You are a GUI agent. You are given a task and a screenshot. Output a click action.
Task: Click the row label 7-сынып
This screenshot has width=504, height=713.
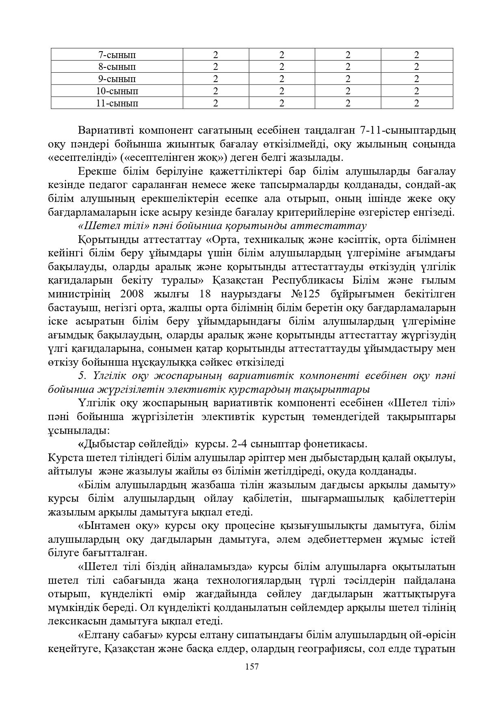[x=117, y=55]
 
